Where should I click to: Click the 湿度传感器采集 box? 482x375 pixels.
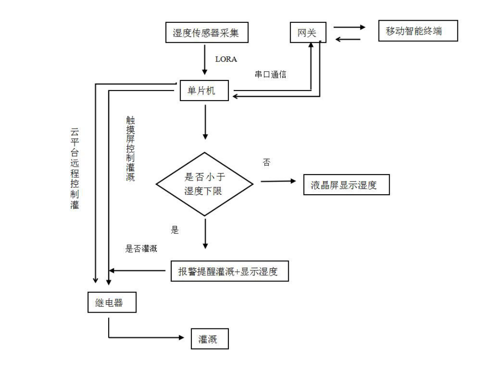pos(207,32)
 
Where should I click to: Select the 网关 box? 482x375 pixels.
pos(308,32)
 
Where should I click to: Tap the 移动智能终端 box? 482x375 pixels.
pos(418,31)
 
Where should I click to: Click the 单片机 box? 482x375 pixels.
pos(204,90)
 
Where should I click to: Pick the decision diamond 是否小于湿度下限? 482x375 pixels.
pos(204,184)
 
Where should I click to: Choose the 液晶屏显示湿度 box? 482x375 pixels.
pos(346,185)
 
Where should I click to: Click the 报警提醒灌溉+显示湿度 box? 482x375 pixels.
pos(230,271)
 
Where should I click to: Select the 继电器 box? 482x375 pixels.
pos(112,302)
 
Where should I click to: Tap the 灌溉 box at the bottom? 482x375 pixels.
pos(210,339)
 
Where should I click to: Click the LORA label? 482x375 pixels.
pos(226,59)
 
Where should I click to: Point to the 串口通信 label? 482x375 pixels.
pos(271,74)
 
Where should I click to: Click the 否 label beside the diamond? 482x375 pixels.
pos(266,162)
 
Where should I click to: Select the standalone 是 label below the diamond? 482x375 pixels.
pos(175,230)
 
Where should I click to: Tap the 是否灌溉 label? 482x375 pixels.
pos(141,248)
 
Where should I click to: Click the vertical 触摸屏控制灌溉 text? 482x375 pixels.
pos(130,149)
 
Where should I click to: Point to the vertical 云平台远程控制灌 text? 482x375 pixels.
pos(75,169)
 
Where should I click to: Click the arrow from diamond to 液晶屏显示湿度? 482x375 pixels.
pos(278,181)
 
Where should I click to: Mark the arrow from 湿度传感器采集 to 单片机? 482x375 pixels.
pos(204,60)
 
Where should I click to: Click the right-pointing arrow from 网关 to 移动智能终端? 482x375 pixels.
pos(350,27)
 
